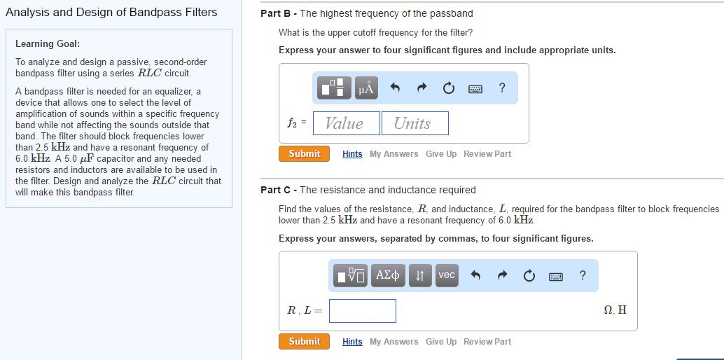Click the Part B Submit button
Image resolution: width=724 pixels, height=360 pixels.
pyautogui.click(x=305, y=153)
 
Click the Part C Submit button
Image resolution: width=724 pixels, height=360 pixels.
pyautogui.click(x=305, y=341)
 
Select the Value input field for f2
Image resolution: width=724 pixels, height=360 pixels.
pyautogui.click(x=347, y=123)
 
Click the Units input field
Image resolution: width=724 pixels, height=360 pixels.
pyautogui.click(x=415, y=123)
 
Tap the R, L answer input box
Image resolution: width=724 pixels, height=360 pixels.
pyautogui.click(x=363, y=311)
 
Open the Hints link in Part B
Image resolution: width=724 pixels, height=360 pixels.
pyautogui.click(x=352, y=154)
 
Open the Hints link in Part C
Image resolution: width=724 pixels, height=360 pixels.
pyautogui.click(x=352, y=342)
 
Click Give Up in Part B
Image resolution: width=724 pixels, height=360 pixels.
pyautogui.click(x=441, y=154)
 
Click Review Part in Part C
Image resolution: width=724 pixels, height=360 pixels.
pyautogui.click(x=487, y=342)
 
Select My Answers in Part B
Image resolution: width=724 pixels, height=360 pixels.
pyautogui.click(x=394, y=154)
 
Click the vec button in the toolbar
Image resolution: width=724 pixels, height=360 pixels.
pyautogui.click(x=447, y=275)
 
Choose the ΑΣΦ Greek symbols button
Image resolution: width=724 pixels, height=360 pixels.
pyautogui.click(x=389, y=275)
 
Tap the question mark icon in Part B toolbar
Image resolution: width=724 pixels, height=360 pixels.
pyautogui.click(x=501, y=88)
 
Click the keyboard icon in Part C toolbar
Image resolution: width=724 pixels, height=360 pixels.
pyautogui.click(x=557, y=275)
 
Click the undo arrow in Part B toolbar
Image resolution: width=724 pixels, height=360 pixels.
pyautogui.click(x=395, y=88)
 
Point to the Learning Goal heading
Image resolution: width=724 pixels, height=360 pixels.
pyautogui.click(x=48, y=43)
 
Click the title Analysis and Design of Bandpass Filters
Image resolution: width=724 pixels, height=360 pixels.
pyautogui.click(x=111, y=12)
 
